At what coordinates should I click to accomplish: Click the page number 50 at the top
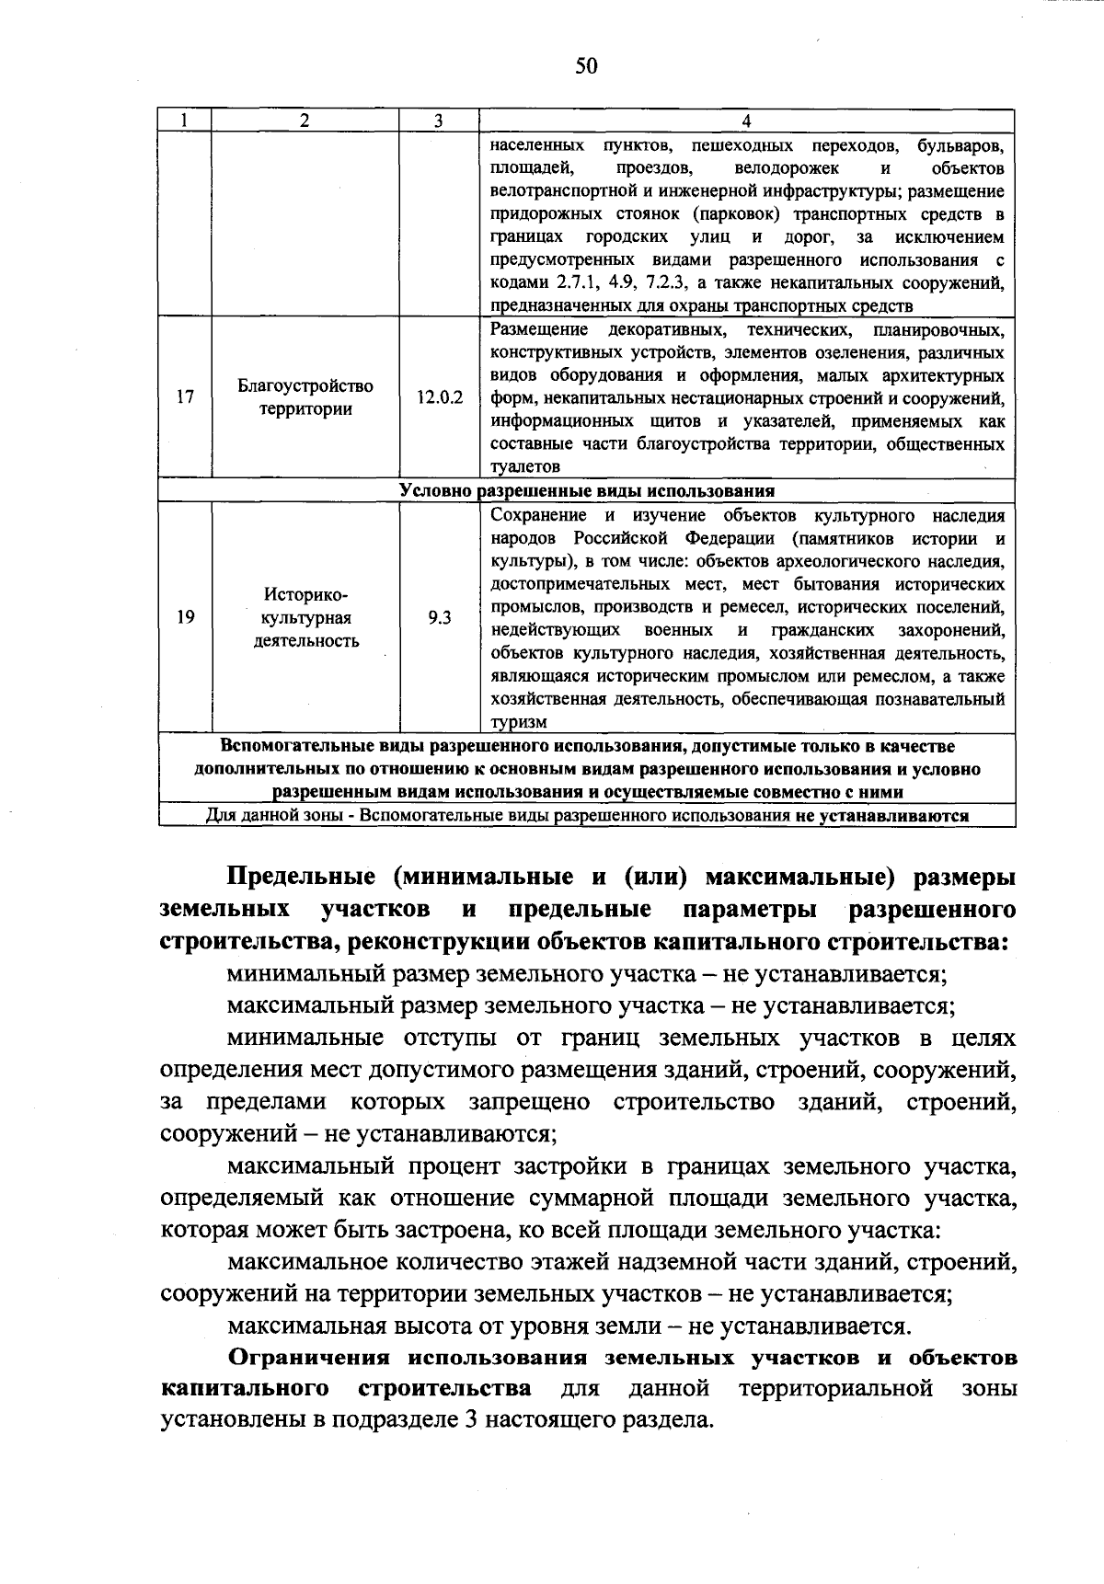click(x=586, y=65)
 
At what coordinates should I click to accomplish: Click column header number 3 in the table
click(x=438, y=121)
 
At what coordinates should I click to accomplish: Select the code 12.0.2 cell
click(x=439, y=397)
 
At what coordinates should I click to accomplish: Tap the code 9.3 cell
click(x=439, y=618)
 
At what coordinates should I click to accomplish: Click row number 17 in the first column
click(x=185, y=397)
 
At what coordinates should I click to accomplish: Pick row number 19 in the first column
click(x=185, y=618)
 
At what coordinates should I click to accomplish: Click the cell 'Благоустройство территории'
click(x=305, y=397)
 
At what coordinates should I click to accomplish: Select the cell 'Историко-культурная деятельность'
click(x=305, y=618)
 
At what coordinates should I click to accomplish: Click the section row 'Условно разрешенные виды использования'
click(x=586, y=491)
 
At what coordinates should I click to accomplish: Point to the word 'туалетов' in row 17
click(x=524, y=467)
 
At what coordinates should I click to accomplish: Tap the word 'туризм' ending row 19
click(x=519, y=723)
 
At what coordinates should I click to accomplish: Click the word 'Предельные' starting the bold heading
click(x=303, y=878)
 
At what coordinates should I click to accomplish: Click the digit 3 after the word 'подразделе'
click(x=469, y=1419)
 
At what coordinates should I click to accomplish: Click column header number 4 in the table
click(x=746, y=121)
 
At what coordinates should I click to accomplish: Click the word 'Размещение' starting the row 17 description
click(x=538, y=329)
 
